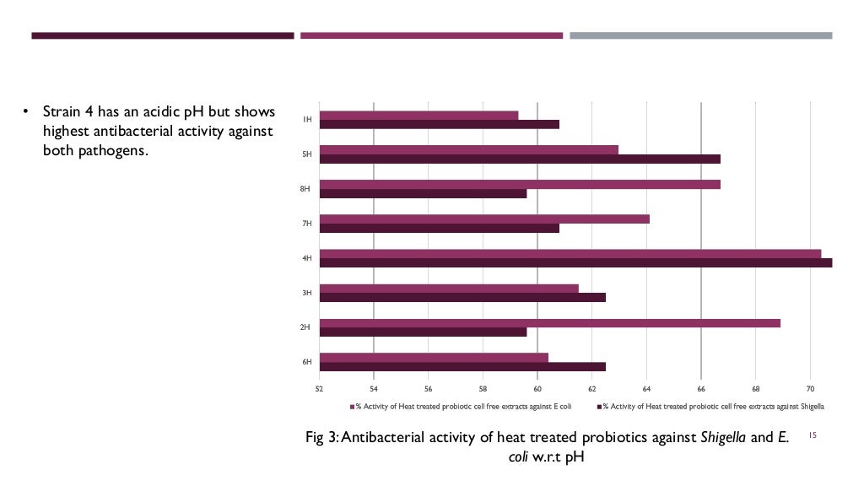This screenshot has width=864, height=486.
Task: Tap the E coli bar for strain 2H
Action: click(549, 323)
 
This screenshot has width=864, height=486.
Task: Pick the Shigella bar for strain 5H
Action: click(520, 159)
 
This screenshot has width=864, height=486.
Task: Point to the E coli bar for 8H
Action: click(520, 184)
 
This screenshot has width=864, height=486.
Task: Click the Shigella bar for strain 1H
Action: click(439, 124)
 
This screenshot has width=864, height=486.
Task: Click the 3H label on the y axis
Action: click(307, 292)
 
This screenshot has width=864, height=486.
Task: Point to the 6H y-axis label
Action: click(307, 361)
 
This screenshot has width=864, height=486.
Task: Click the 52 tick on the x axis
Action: click(319, 389)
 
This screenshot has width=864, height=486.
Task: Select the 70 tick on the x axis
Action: click(810, 389)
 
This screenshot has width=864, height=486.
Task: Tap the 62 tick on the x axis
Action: click(591, 389)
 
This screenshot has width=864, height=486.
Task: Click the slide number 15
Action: click(813, 435)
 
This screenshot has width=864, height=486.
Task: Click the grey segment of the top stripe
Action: click(700, 35)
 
